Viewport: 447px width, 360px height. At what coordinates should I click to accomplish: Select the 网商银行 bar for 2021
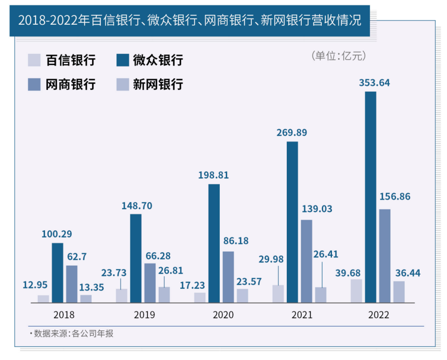(x=306, y=261)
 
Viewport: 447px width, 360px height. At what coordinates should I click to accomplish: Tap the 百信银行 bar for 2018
(x=43, y=299)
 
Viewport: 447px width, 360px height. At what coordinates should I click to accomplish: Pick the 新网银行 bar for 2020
(x=242, y=295)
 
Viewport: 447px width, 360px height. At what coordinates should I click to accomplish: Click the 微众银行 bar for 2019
(x=135, y=258)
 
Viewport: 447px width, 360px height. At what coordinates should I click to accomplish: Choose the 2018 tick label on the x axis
(x=64, y=315)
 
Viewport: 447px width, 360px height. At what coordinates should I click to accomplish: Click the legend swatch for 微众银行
(x=122, y=60)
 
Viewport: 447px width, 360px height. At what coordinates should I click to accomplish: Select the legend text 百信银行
(x=70, y=60)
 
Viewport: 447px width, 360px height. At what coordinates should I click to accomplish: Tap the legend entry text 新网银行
(x=158, y=84)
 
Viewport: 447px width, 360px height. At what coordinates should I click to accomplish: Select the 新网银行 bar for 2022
(x=399, y=292)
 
